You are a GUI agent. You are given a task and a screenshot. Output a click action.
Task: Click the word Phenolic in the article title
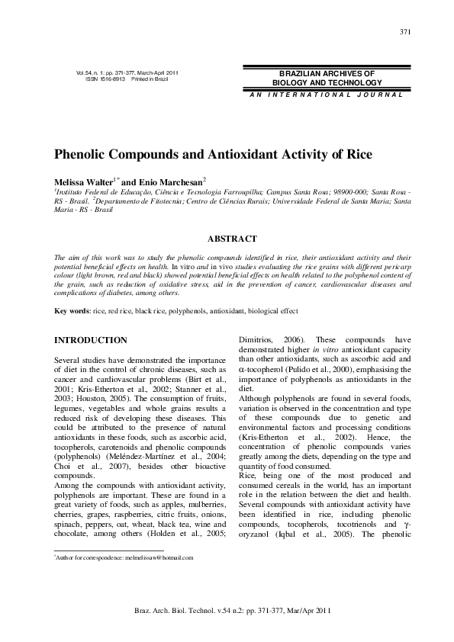pyautogui.click(x=89, y=154)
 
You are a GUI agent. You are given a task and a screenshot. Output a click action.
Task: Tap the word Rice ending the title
pyautogui.click(x=355, y=154)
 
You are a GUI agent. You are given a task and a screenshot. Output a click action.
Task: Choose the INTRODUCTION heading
pyautogui.click(x=91, y=339)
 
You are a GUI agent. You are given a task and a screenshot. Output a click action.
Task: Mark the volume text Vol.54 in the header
pyautogui.click(x=85, y=72)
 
